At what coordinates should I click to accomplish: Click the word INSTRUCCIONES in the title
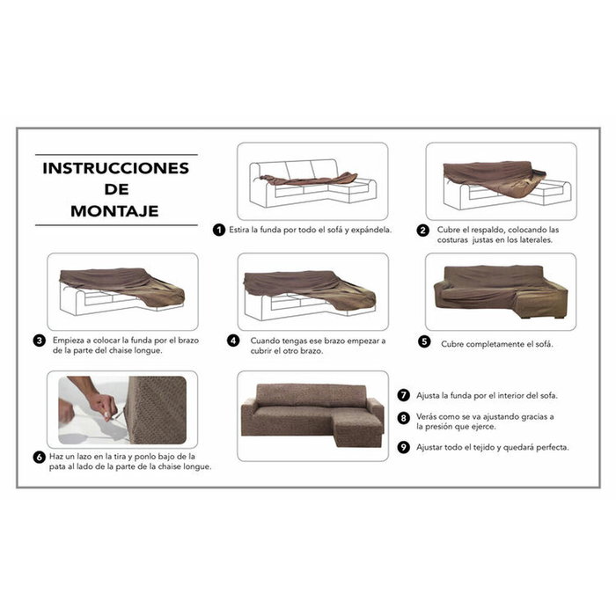point(115,168)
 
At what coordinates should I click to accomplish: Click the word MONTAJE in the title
point(115,211)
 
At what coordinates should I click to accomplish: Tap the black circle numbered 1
point(218,230)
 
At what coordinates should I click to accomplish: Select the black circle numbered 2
point(423,230)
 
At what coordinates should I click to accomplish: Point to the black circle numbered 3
point(40,340)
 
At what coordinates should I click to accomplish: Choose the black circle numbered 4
point(233,340)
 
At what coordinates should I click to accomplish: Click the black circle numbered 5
point(425,343)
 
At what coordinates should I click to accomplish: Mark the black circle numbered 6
point(40,457)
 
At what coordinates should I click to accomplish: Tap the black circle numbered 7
point(404,395)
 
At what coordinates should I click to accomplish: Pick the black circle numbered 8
point(404,418)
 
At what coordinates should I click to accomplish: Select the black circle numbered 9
point(404,447)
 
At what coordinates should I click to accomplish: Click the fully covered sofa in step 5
point(500,293)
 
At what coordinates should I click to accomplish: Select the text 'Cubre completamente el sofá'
point(496,344)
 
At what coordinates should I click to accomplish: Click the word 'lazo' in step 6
point(92,457)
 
